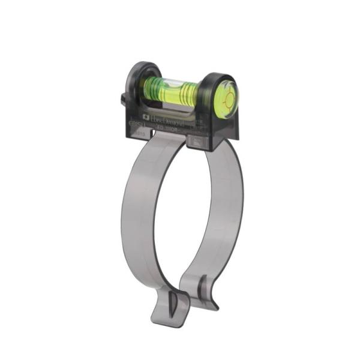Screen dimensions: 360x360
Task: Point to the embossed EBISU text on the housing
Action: pos(137,124)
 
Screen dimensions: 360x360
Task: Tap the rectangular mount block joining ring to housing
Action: pos(199,142)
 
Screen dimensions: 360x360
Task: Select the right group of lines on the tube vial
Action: pos(188,92)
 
